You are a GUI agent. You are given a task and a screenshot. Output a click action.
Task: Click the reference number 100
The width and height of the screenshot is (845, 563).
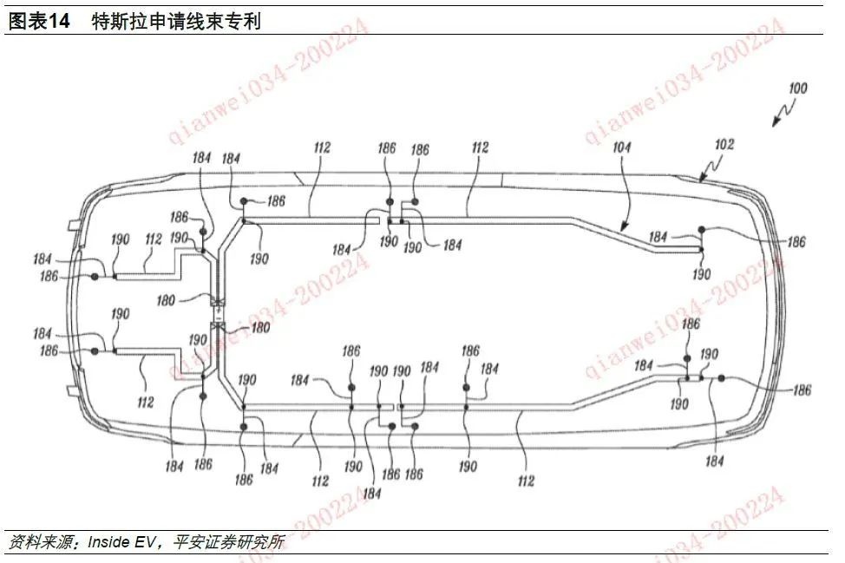pyautogui.click(x=796, y=88)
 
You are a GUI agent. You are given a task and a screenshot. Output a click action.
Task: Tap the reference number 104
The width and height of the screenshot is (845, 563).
pyautogui.click(x=621, y=148)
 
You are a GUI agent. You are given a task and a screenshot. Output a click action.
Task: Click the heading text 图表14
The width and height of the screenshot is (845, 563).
pyautogui.click(x=38, y=22)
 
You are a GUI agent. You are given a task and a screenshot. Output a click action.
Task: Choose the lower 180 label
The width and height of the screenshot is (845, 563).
pyautogui.click(x=259, y=328)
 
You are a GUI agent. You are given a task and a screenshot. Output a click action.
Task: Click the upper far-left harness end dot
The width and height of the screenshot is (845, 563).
pyautogui.click(x=94, y=277)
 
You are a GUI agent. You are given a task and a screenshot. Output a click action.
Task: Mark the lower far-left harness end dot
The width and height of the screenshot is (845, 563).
pyautogui.click(x=94, y=351)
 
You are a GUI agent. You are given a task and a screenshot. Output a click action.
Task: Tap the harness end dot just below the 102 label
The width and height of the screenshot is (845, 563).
pyautogui.click(x=702, y=229)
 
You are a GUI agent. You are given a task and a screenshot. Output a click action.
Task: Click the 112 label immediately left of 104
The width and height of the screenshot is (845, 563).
pyautogui.click(x=480, y=148)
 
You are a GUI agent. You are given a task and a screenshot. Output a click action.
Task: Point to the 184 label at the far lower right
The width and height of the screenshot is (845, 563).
pyautogui.click(x=714, y=462)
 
